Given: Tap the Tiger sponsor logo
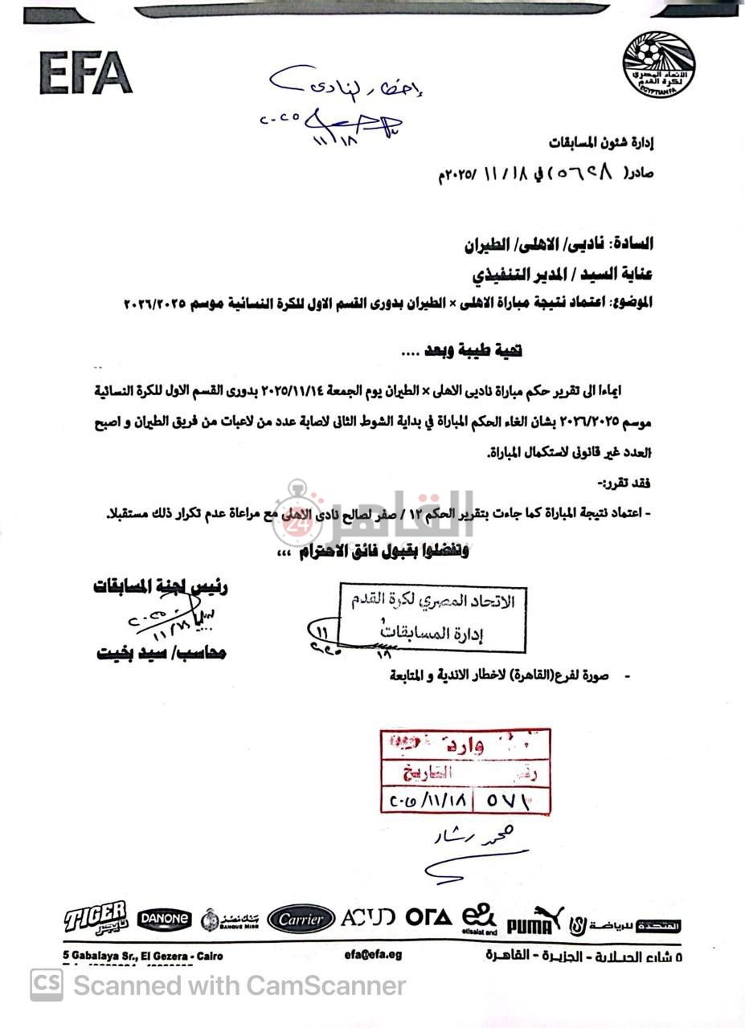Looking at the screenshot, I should coord(96,917).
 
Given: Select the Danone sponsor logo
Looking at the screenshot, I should coord(164,918).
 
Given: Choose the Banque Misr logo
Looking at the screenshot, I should coord(229,919).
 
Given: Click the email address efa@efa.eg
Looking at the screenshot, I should coord(373,955).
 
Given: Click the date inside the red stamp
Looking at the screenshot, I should coord(428,800).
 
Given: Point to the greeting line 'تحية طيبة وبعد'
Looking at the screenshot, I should coord(462,350).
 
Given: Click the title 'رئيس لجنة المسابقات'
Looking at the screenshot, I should coord(160,587).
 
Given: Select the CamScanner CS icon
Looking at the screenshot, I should coord(47,985).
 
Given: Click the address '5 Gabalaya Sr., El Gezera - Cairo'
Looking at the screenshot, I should coord(143,956).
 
